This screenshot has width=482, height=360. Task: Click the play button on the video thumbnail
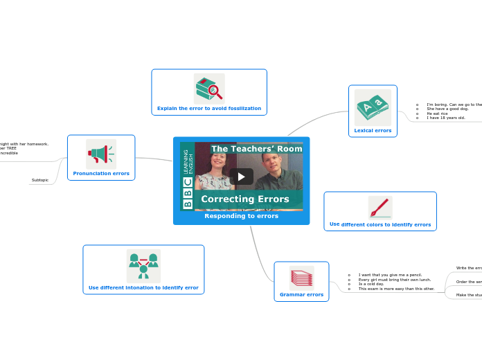point(241,177)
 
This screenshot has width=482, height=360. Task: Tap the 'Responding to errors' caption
point(241,216)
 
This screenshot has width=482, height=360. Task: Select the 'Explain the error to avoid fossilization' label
point(209,109)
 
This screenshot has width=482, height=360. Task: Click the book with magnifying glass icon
point(209,89)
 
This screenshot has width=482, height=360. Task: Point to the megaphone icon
point(101,153)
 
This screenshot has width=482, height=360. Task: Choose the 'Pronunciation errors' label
point(101,173)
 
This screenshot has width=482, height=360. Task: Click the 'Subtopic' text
point(40,180)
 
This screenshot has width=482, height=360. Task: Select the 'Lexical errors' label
point(373,130)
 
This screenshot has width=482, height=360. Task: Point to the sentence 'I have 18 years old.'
point(446,118)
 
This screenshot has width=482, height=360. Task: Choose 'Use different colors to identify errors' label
point(380,224)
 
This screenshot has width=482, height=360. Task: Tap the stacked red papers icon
point(301,278)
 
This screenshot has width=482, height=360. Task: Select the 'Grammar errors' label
point(301,294)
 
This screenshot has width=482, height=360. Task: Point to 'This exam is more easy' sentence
point(396,289)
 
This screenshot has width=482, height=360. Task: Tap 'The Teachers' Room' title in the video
point(256,149)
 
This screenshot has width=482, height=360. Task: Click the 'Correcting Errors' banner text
point(245,199)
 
